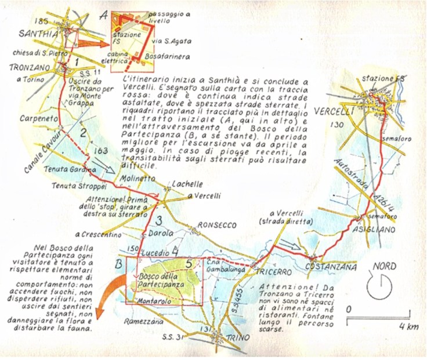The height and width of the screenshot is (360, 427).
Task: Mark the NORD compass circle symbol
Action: click(379, 286)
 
